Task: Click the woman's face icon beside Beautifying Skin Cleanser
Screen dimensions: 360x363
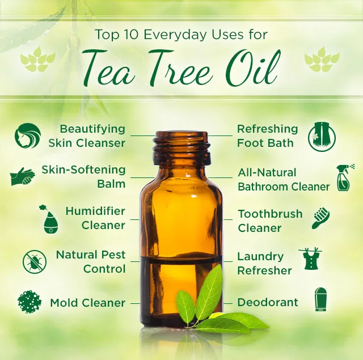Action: pos(27,136)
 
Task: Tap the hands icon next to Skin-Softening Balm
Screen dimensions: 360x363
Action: pos(23,177)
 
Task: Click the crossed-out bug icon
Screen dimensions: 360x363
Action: pos(35,261)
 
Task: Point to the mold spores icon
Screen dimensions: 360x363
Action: pos(29,302)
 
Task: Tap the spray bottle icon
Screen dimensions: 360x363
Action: pos(345,177)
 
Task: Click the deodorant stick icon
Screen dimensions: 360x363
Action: pos(321,299)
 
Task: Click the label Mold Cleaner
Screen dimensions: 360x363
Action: pos(87,303)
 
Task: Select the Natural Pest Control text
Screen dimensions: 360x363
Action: pos(91,262)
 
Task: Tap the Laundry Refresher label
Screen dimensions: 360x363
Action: pos(264,264)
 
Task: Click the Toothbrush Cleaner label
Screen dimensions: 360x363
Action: pos(270,221)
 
